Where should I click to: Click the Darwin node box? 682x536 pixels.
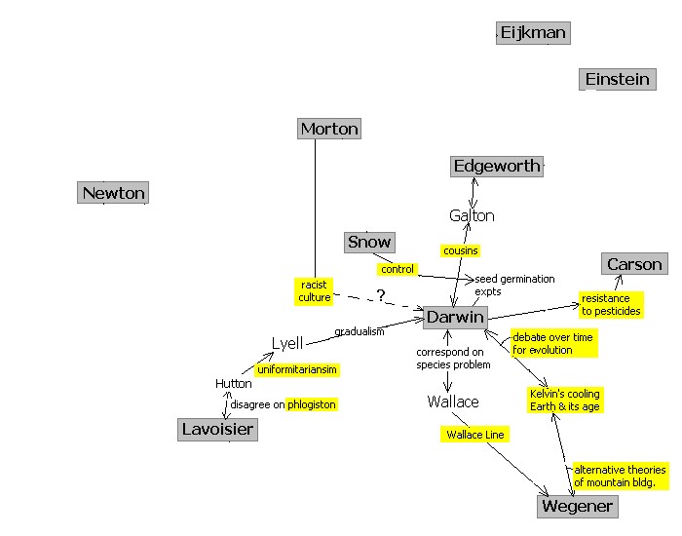pos(455,318)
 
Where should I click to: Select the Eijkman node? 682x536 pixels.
pos(532,33)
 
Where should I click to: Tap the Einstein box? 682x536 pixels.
pos(617,79)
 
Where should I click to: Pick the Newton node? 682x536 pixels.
pos(113,193)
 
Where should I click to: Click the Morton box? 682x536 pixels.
pos(329,129)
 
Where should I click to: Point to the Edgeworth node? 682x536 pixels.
pos(496,166)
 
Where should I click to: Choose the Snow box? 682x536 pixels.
pos(369,242)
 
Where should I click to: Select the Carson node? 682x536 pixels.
pos(634,264)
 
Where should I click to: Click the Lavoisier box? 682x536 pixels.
pos(217,429)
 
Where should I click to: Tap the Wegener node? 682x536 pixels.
pos(577,506)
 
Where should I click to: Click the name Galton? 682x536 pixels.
pos(472,216)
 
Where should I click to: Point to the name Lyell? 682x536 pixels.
pos(287,343)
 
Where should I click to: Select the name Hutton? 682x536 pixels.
pos(234,384)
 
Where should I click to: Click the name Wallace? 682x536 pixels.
pos(453,402)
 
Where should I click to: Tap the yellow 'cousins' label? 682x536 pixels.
pos(460,250)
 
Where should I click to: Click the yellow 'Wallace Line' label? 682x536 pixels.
pos(474,435)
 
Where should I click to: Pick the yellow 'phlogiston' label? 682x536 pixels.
pos(312,404)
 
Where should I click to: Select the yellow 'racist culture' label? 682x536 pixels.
pos(315,290)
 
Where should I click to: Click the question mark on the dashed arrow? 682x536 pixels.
pos(381,295)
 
